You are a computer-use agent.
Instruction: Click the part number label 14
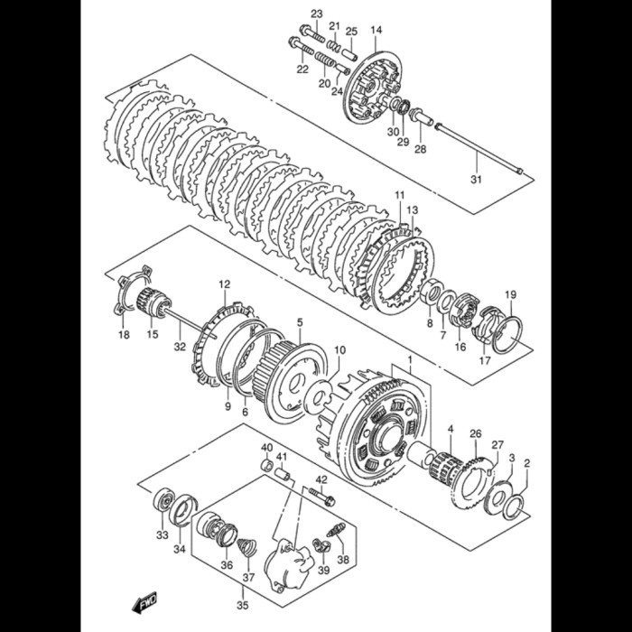point(376,31)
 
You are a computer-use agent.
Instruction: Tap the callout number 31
point(476,179)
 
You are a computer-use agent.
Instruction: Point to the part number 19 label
point(510,294)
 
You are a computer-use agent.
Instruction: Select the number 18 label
point(124,335)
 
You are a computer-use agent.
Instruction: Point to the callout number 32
point(180,346)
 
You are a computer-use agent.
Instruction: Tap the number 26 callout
point(476,434)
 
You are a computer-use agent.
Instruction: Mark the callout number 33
point(162,535)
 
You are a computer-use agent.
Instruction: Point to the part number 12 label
point(224,284)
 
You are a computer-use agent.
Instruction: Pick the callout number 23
point(316,13)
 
